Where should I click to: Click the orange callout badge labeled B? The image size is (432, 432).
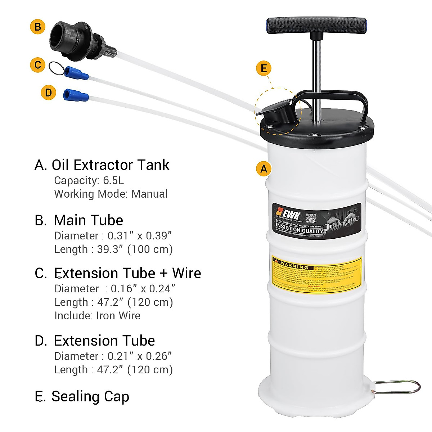tap(38, 27)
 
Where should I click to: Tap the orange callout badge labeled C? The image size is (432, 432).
tap(37, 65)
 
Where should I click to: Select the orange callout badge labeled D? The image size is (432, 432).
tap(49, 93)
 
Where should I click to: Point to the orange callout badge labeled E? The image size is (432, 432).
tap(264, 68)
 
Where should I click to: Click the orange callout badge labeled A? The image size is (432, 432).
tap(264, 168)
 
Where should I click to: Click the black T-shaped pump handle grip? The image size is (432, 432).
tap(316, 26)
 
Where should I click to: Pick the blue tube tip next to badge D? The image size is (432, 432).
tap(76, 95)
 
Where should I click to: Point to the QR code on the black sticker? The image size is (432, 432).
tap(311, 218)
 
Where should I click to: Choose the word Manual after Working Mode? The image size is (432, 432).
tap(149, 194)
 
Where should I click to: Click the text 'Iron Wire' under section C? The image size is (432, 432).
tap(118, 315)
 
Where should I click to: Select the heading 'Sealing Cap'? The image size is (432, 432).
tap(90, 396)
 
